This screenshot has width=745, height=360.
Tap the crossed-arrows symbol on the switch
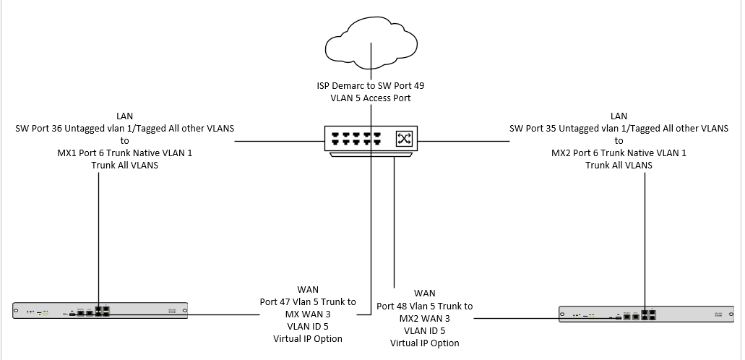403,138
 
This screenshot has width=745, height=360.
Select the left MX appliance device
100,311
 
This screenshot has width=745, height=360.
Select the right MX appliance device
645,314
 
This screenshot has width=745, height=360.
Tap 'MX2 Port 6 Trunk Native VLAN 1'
619,153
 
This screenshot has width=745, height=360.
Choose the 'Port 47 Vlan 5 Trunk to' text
308,301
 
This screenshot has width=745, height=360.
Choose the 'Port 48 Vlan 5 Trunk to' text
425,306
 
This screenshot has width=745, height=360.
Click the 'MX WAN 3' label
308,314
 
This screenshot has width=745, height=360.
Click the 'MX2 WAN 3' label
425,318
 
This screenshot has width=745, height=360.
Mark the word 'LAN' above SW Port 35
619,116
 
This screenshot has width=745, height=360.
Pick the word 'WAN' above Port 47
308,289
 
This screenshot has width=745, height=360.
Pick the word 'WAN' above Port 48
425,293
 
